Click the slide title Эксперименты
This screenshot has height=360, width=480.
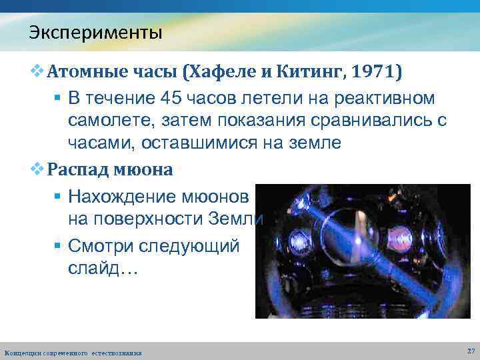coord(95,31)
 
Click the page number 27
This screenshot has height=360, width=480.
coord(471,350)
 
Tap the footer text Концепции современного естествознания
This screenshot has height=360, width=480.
coord(73,352)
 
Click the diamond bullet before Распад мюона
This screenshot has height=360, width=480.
coord(39,169)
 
